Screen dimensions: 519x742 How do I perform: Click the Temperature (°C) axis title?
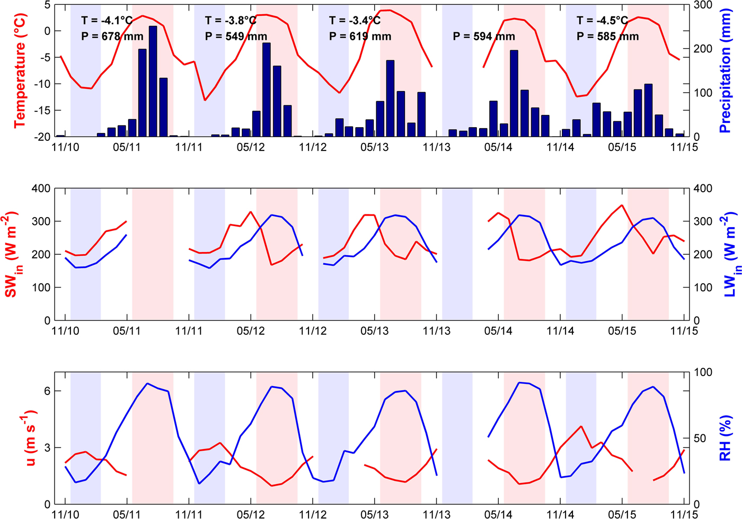pos(20,70)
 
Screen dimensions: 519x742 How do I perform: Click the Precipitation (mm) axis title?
pos(725,70)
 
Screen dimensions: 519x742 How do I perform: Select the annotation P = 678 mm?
pos(112,37)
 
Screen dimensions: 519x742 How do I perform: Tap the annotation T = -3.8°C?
pos(231,21)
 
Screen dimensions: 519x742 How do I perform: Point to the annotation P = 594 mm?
pos(484,37)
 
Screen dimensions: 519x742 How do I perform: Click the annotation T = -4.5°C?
pos(602,21)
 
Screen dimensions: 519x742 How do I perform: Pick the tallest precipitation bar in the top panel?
pos(153,80)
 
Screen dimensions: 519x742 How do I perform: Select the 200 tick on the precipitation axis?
pos(703,49)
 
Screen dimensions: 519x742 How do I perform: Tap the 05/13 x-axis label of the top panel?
pos(374,147)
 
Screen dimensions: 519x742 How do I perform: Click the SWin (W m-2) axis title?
pos(12,254)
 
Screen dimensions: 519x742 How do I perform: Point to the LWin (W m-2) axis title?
pos(730,254)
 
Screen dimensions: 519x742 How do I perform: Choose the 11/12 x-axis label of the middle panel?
pos(313,331)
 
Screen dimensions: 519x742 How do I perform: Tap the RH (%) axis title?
pos(725,438)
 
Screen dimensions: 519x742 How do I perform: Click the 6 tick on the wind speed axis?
pos(47,391)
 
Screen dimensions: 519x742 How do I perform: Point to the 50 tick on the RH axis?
pos(700,439)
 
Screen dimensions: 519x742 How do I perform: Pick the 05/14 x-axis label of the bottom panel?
pos(498,514)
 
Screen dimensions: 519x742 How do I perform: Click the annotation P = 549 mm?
pos(236,37)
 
